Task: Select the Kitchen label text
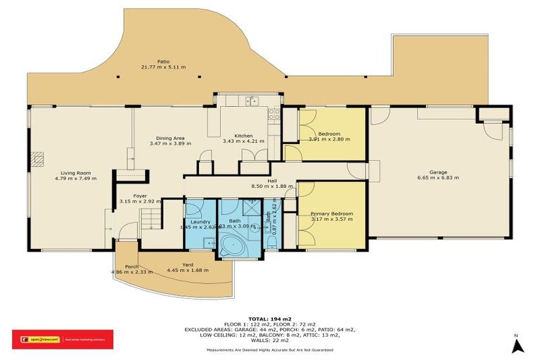[x=243, y=135]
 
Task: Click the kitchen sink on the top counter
[x=251, y=101]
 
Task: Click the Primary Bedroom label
[x=332, y=213]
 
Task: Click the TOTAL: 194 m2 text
[x=270, y=319]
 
